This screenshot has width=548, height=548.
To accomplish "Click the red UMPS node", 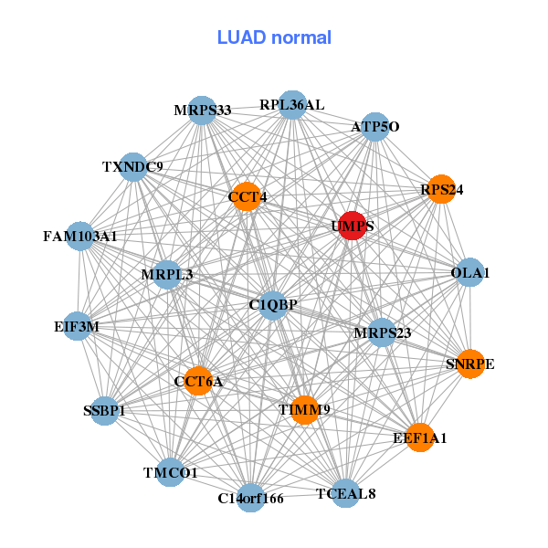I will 353,226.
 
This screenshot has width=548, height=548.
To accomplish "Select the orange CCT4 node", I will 247,196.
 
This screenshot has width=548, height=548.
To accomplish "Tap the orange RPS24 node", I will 441,190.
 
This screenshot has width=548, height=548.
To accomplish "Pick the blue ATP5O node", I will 375,127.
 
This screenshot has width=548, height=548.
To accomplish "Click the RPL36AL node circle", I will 291,105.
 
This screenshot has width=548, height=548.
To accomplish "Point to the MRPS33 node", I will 202,111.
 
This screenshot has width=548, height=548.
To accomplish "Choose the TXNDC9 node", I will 133,167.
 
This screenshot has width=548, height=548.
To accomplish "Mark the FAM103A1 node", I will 80,237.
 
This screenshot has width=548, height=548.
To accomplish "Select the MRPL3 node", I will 167,274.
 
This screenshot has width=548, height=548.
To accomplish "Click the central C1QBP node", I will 273,304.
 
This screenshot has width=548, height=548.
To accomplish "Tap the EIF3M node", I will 77,326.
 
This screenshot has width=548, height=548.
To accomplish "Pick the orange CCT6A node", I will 198,381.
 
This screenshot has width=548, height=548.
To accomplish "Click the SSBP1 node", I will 104,411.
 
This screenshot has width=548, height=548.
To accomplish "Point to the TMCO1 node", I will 170,472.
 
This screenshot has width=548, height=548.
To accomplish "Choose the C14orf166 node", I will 251,498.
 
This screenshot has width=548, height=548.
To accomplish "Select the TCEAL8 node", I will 345,494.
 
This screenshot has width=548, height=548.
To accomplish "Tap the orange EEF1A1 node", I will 420,438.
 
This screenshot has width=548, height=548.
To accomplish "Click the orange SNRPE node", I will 470,364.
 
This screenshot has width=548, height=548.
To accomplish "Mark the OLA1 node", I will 469,272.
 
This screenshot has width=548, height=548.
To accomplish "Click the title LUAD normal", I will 274,37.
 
